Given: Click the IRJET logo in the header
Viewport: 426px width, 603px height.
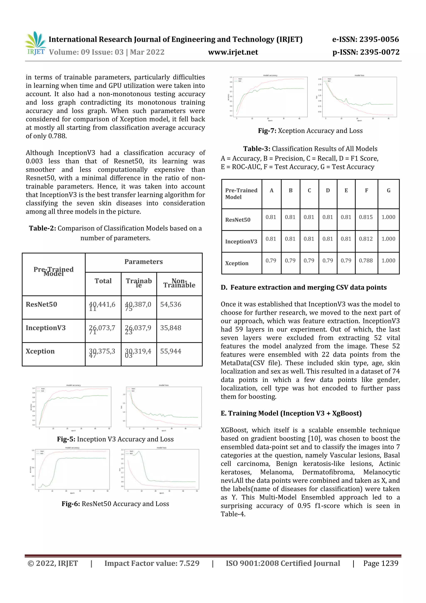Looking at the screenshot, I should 35,44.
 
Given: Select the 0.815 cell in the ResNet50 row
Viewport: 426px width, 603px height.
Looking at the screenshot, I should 366,217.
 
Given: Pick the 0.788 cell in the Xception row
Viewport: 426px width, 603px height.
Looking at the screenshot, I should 366,261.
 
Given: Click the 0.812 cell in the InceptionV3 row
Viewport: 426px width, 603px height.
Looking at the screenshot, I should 366,239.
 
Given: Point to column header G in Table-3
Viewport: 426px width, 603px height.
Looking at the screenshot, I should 389,190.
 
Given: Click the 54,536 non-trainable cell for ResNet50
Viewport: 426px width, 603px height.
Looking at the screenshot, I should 171,304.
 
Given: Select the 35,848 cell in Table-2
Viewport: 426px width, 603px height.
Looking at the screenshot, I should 171,328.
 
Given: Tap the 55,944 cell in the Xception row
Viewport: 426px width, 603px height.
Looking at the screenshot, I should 171,351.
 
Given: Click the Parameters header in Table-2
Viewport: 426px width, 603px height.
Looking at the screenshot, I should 143,262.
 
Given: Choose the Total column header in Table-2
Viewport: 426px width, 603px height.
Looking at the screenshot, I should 103,281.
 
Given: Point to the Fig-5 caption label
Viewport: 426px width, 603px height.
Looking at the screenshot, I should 66,439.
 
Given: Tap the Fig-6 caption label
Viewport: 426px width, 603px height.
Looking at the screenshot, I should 71,504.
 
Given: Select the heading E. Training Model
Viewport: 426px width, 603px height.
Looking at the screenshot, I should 291,413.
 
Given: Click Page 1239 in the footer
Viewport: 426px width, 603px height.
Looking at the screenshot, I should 381,563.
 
